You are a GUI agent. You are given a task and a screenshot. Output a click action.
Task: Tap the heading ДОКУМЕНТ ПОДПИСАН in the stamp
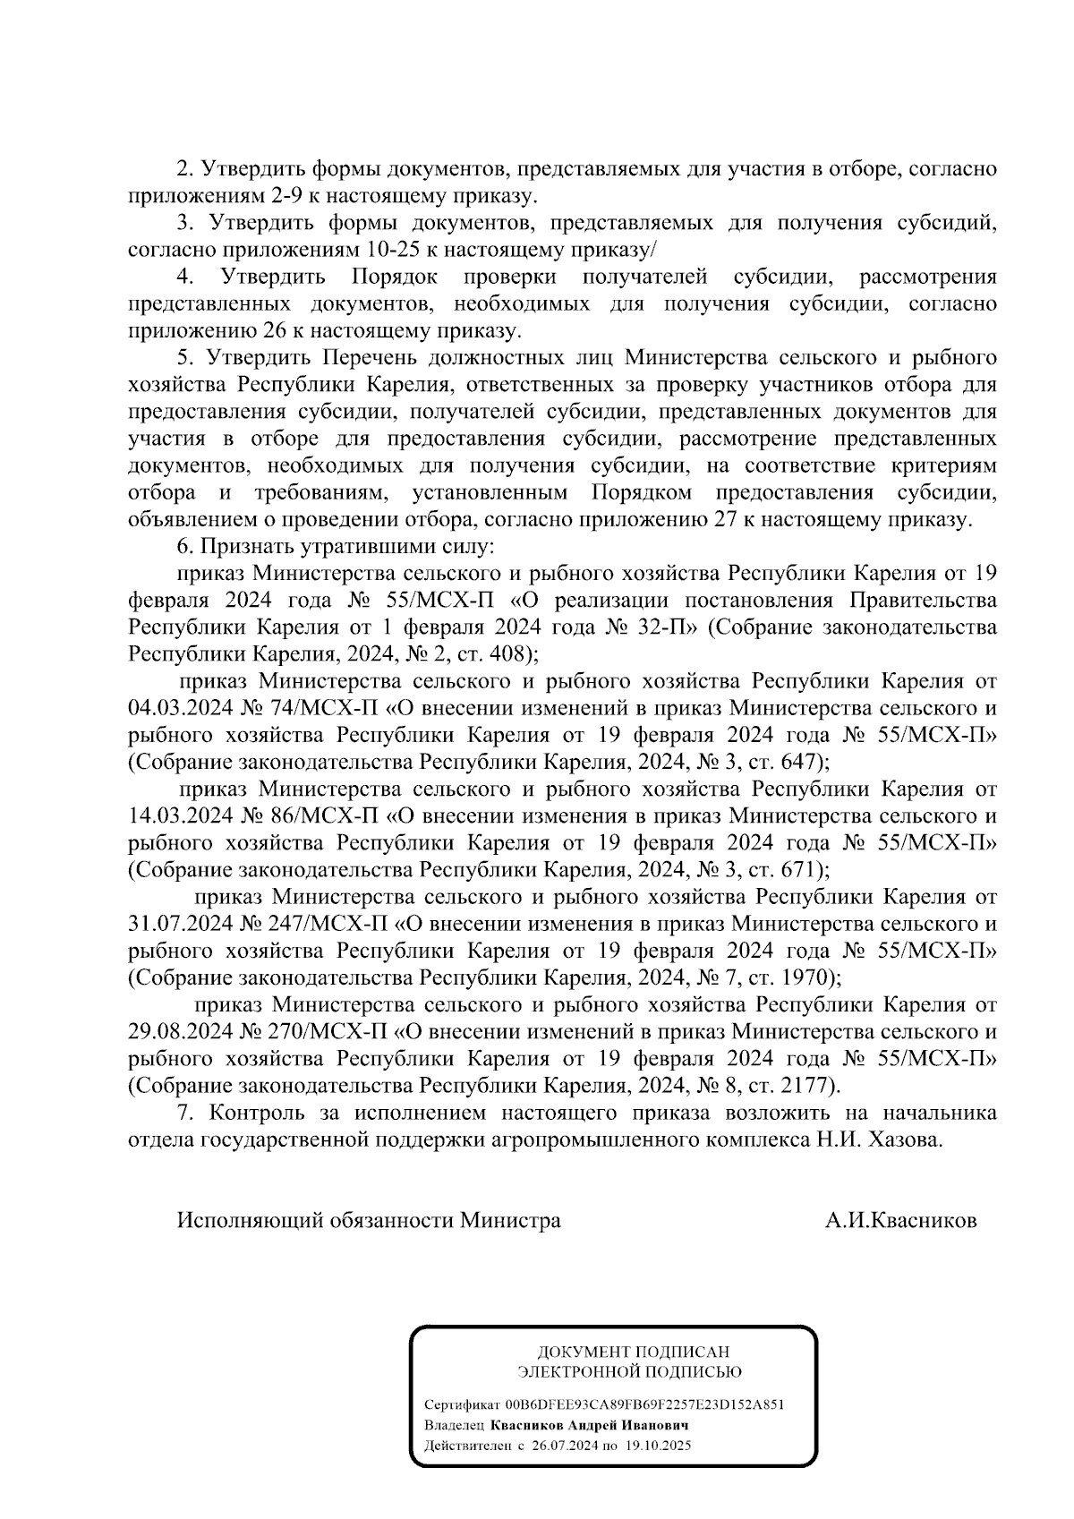coord(633,1353)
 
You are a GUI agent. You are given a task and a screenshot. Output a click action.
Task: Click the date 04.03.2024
coord(181,708)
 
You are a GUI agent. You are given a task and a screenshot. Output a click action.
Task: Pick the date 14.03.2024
coord(181,816)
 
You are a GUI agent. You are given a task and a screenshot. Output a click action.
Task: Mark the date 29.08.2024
coord(181,1032)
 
